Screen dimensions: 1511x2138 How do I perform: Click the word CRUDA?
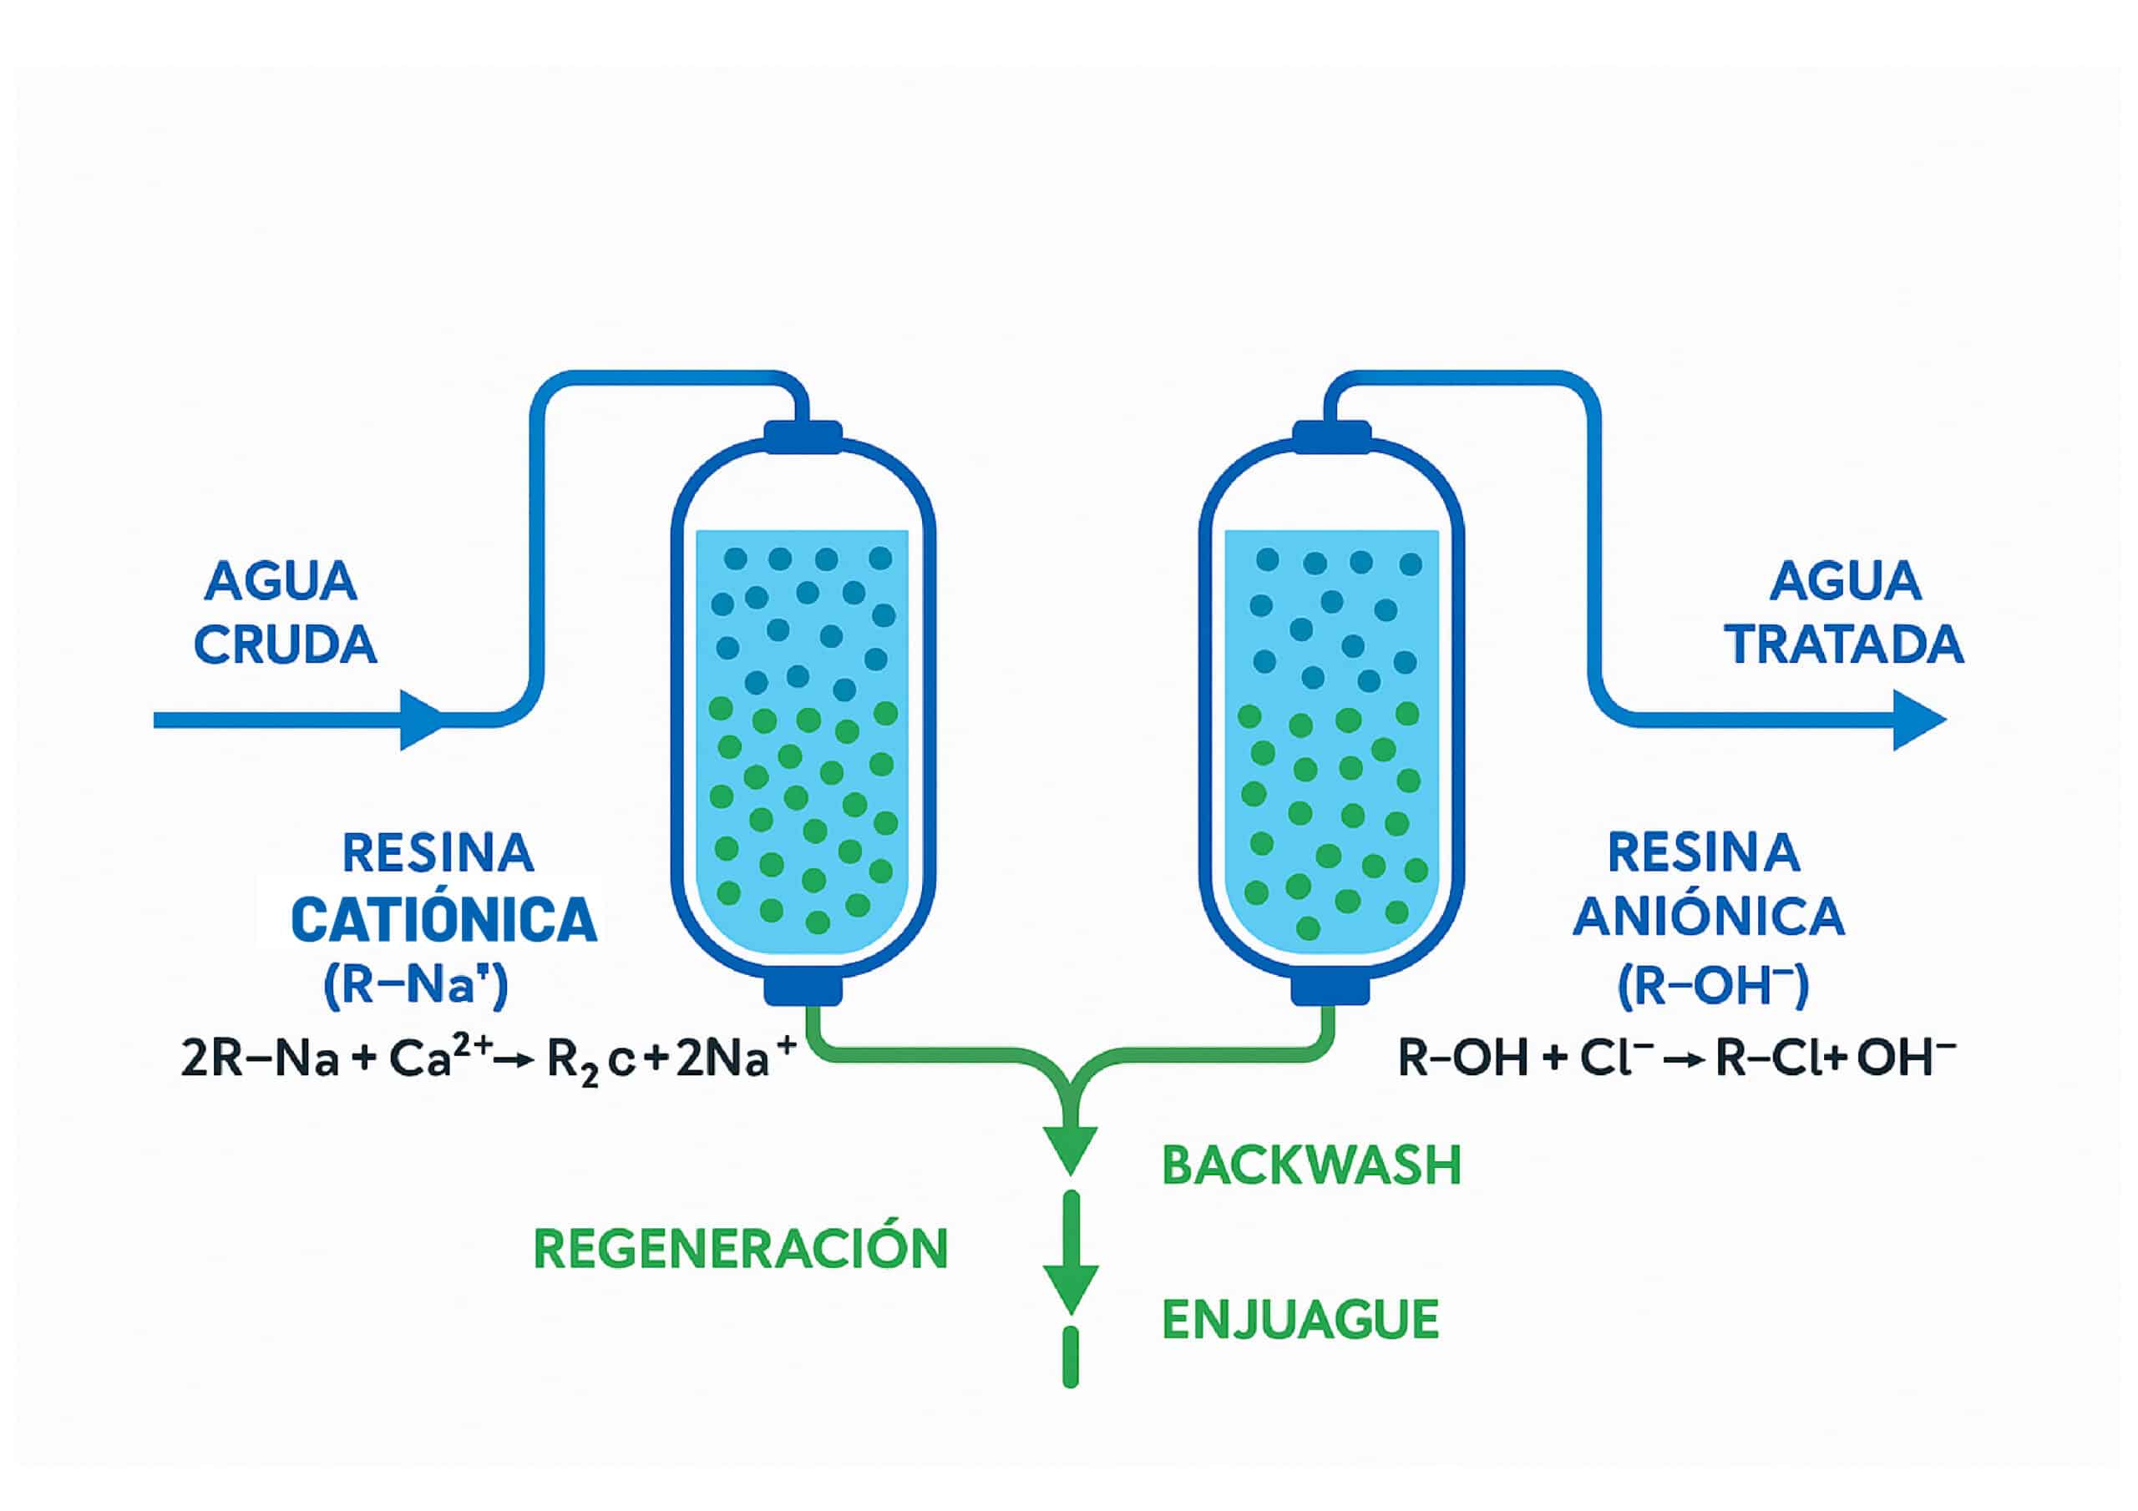click(x=285, y=645)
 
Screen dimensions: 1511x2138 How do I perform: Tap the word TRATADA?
click(x=1846, y=645)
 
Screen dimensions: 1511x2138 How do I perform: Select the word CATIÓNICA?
click(x=443, y=920)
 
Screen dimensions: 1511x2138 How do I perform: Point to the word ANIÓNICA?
click(x=1709, y=917)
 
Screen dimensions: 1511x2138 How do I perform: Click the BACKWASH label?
click(x=1311, y=1165)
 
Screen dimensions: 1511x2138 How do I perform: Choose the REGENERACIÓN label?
click(x=740, y=1250)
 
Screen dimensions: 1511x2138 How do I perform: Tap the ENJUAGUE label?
click(x=1300, y=1320)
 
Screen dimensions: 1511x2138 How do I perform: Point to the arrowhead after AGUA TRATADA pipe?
click(x=1918, y=720)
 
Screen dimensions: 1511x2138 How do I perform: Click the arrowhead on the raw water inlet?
click(x=421, y=720)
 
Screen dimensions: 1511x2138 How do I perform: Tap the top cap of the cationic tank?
click(x=803, y=436)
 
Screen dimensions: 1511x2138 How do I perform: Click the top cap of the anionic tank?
click(x=1331, y=436)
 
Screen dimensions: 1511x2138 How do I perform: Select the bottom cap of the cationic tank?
click(x=803, y=989)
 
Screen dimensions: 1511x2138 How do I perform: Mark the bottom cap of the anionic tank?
click(x=1331, y=989)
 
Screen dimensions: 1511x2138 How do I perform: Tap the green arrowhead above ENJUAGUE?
click(x=1070, y=1286)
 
